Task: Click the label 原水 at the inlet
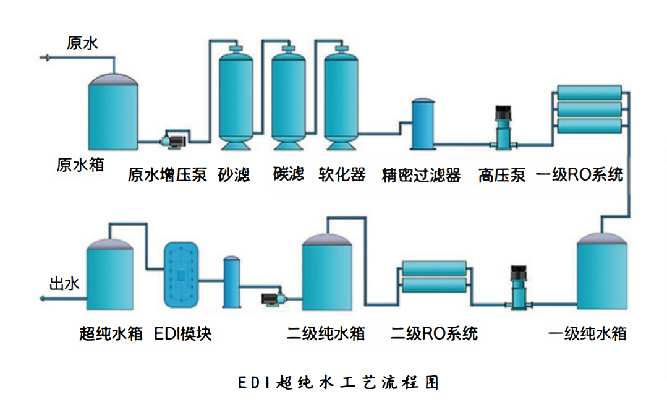pos(82,43)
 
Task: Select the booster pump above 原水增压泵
pos(174,140)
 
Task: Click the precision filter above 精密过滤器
pos(424,124)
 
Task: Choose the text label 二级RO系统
pos(435,334)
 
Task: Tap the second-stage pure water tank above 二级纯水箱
pos(327,272)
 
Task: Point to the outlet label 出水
pos(64,284)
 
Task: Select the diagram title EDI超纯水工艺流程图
pos(338,382)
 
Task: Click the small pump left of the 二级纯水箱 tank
pos(271,299)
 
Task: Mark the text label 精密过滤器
pos(422,175)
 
